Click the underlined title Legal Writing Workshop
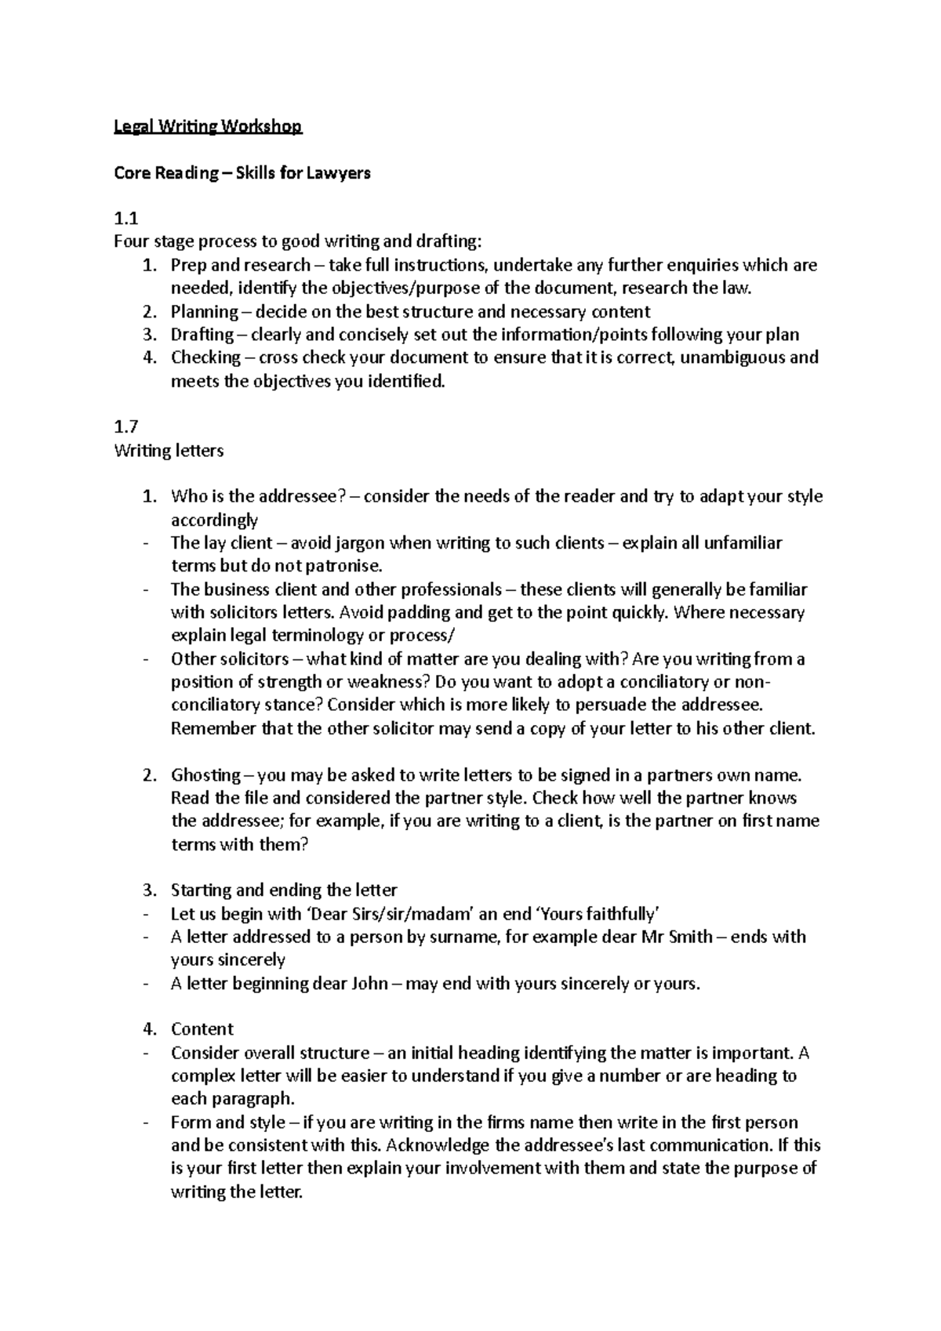[x=208, y=126]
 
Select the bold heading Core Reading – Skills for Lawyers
[x=242, y=172]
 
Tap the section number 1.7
[x=126, y=427]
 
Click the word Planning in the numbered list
[x=205, y=311]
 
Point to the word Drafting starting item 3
[x=202, y=335]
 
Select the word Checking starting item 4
[x=205, y=357]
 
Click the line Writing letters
[x=169, y=451]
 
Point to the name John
[x=369, y=983]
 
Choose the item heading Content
[x=202, y=1029]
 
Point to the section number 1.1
[x=125, y=219]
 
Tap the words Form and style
[x=228, y=1122]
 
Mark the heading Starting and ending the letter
[x=284, y=890]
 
